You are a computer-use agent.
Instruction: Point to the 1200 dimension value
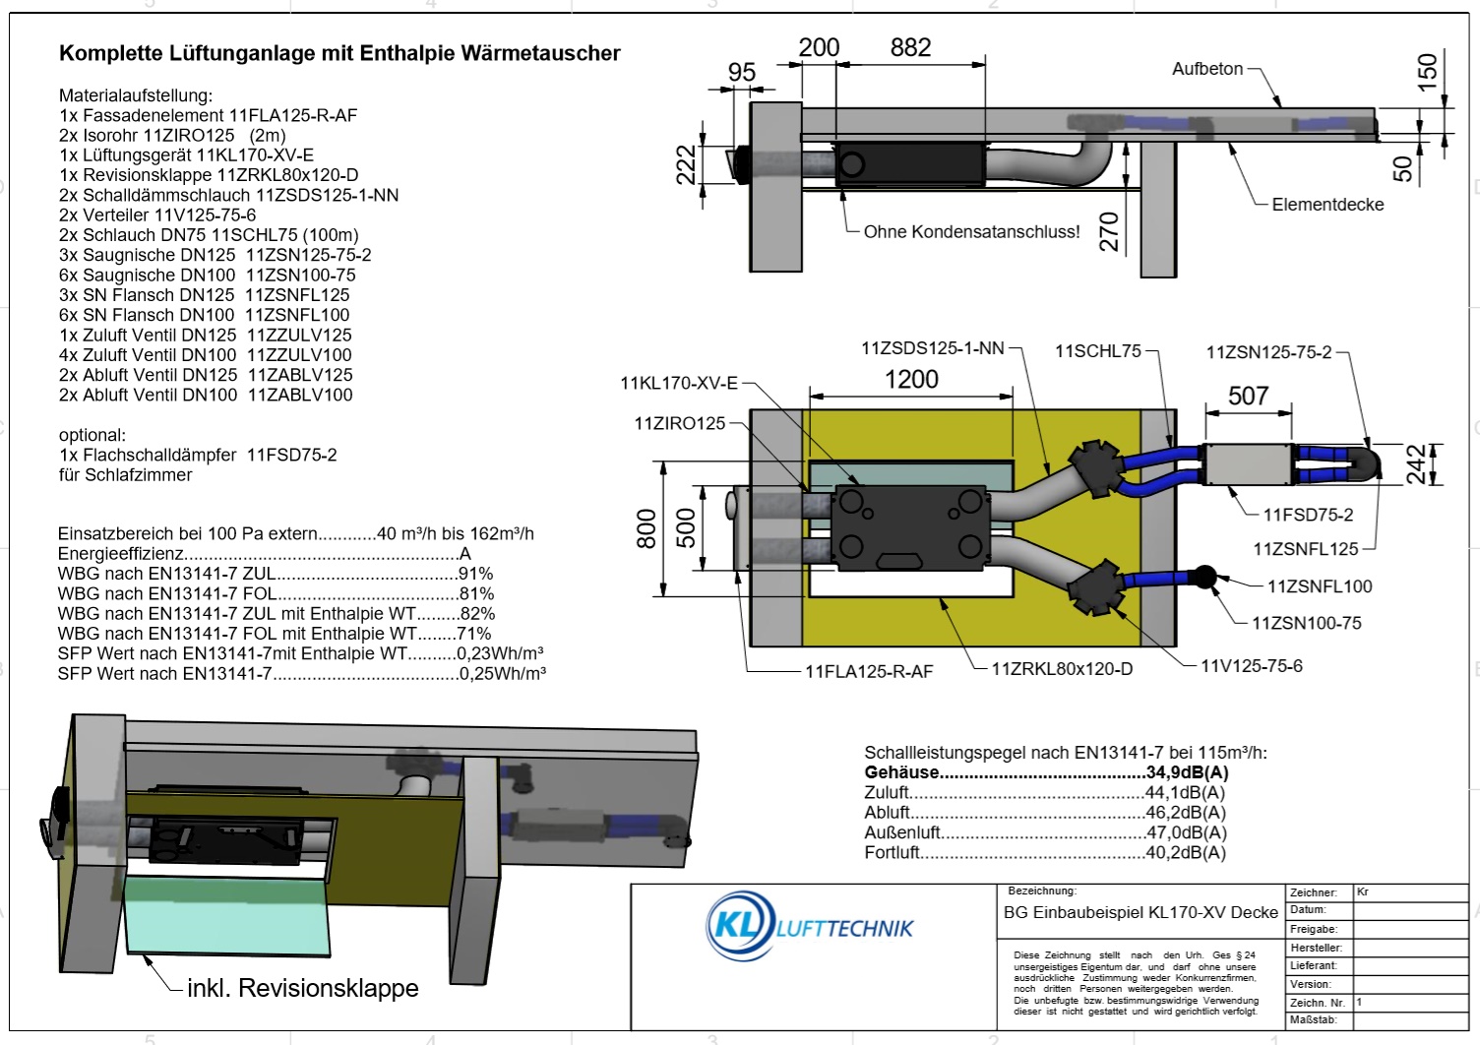point(911,380)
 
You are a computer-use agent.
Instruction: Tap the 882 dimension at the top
point(910,47)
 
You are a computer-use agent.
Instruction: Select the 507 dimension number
point(1248,396)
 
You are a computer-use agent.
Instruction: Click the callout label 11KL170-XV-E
point(678,383)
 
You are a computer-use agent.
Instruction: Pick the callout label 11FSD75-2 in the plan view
point(1308,515)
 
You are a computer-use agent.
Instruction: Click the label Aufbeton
point(1207,69)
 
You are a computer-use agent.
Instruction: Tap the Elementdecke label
point(1327,205)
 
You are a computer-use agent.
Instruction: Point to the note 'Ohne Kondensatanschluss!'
point(971,232)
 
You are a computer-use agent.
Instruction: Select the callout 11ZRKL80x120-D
point(1062,669)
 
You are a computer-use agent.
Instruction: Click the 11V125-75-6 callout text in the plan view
point(1252,666)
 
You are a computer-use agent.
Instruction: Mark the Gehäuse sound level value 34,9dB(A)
point(1187,772)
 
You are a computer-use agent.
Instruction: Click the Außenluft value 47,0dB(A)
point(1186,832)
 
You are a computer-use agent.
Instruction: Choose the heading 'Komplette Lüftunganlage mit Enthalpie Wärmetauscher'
point(339,53)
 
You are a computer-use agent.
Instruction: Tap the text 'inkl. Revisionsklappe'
point(303,988)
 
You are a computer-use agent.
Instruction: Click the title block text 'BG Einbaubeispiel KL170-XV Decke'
point(1141,912)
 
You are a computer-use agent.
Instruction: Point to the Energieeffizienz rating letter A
point(464,554)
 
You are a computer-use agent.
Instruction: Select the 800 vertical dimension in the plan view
point(647,528)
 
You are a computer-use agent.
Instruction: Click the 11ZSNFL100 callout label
point(1319,586)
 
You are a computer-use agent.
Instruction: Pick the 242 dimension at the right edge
point(1415,464)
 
